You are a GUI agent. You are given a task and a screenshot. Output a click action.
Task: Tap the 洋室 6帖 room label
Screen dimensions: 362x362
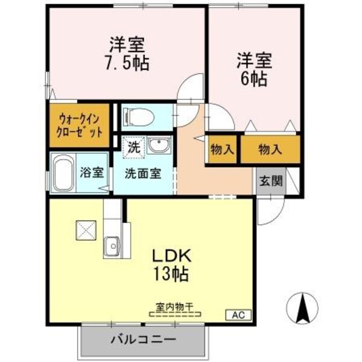(253, 70)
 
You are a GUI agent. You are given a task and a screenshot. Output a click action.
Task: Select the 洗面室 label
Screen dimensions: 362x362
(142, 173)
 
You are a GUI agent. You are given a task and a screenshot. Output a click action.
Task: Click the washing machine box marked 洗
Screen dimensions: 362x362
(133, 146)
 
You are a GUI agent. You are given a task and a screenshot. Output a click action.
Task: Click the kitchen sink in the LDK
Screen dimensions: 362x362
(112, 246)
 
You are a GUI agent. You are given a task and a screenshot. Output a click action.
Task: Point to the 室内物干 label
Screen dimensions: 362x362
(175, 307)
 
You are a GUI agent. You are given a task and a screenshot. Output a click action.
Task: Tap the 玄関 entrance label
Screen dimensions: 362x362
(270, 180)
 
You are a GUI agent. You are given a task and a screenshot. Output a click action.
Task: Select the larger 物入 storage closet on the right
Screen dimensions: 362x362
(270, 148)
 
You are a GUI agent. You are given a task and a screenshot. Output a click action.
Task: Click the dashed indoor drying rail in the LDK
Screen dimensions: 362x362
(175, 314)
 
